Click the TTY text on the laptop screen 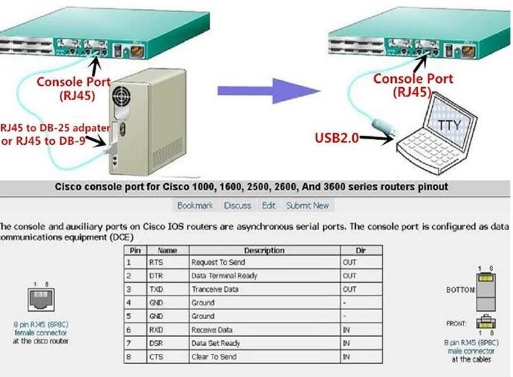click(449, 124)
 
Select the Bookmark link click(195, 206)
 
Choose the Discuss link click(238, 206)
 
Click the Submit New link click(308, 206)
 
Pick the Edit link click(268, 206)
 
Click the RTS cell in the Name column click(156, 263)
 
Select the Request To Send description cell click(218, 263)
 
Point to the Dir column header click(360, 250)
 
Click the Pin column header click(135, 250)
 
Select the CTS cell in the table click(155, 356)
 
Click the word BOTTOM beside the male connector click(460, 290)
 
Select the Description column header click(264, 250)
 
